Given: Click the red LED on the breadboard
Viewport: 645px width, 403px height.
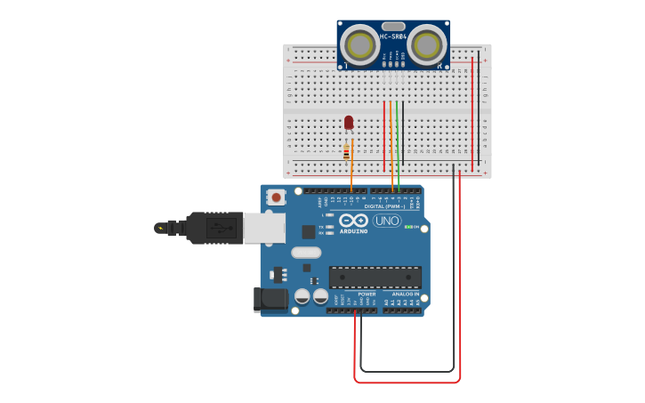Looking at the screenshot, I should [349, 123].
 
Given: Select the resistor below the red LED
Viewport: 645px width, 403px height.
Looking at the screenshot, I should [347, 153].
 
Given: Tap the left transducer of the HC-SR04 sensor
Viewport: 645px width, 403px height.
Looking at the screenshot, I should [361, 44].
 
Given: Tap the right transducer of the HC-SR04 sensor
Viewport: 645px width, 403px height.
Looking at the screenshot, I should [427, 44].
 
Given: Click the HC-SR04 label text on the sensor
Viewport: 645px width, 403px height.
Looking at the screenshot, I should [393, 36].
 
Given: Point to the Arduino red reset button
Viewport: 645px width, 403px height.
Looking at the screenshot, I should [277, 197].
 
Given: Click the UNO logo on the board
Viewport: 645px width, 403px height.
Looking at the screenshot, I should [387, 220].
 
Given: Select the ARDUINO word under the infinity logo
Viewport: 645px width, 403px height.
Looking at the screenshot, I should [353, 231].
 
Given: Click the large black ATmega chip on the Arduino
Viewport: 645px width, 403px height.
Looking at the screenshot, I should [375, 278].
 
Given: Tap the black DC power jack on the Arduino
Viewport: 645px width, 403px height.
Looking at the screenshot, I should [270, 300].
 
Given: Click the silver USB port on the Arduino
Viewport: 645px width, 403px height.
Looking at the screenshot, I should [264, 228].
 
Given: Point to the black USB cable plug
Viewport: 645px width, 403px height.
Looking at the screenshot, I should [214, 228].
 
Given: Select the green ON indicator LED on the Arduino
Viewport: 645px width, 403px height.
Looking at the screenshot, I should [408, 227].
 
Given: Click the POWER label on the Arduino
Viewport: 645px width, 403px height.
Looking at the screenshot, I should [367, 294].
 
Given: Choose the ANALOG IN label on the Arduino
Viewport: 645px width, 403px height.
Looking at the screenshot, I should [406, 294].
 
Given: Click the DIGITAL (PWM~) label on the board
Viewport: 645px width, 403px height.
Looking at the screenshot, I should [384, 206].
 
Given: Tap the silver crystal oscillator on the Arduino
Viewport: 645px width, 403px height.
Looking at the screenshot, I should [305, 253].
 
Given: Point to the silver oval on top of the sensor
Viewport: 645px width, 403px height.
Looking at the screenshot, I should [393, 27].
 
